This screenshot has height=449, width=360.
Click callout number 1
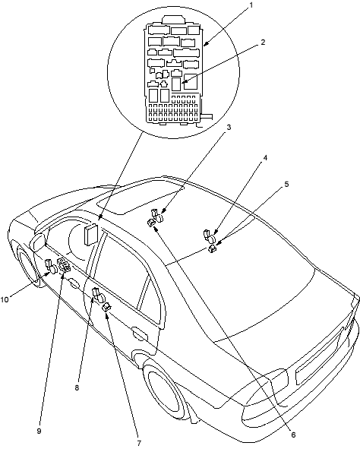251,6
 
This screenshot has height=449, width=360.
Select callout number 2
263,42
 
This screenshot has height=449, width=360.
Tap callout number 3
229,128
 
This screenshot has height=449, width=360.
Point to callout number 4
265,158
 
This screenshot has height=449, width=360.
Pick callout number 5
286,184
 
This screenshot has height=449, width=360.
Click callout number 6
293,435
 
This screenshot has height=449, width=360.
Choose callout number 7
139,443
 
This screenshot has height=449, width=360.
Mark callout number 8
77,387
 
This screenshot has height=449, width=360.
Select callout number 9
39,431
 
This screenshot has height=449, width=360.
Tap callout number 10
5,300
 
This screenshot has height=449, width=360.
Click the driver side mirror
39,242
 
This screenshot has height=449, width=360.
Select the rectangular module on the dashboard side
90,235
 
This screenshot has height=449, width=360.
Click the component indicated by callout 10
51,265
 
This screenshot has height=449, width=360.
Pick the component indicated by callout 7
107,307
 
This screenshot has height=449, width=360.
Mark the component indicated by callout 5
213,249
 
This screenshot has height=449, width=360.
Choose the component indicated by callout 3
156,215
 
